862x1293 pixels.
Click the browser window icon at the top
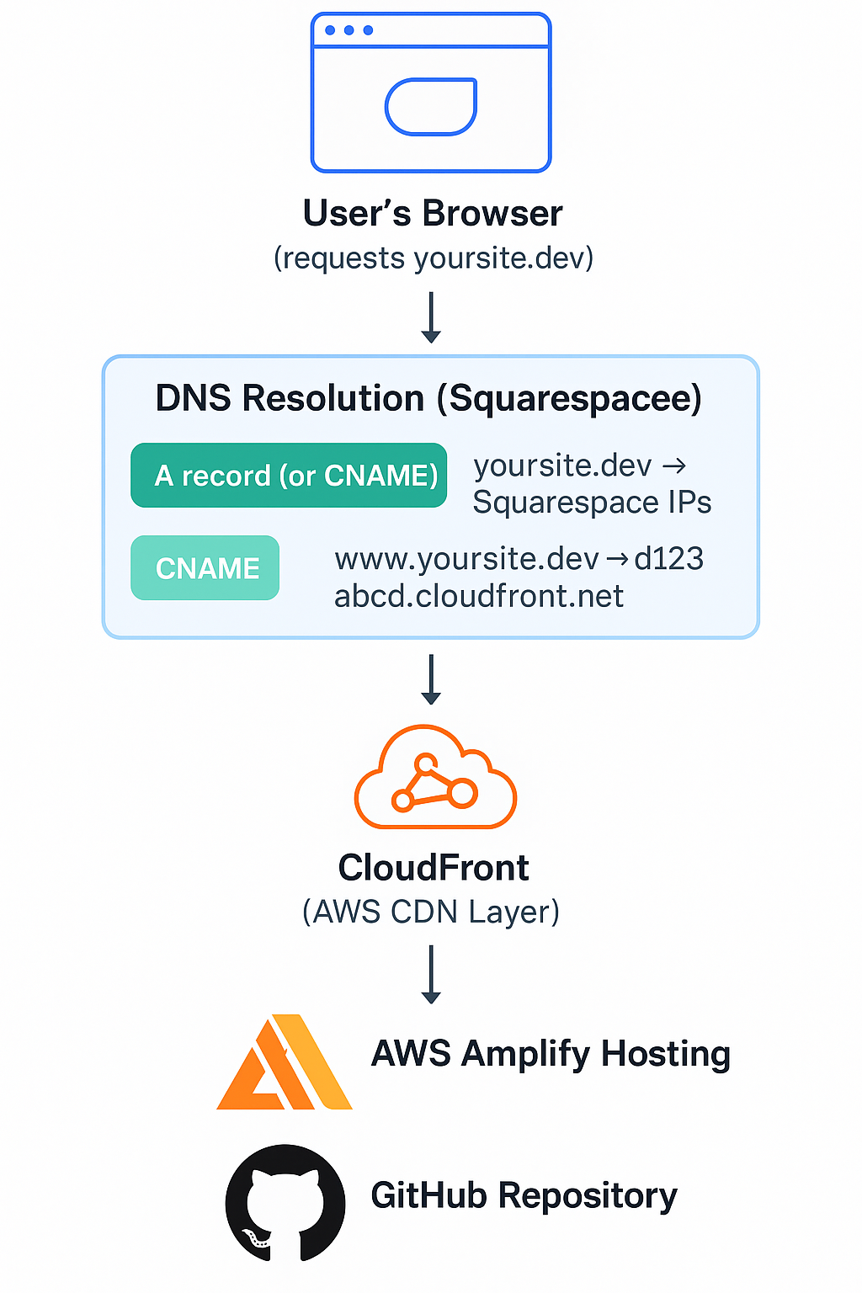click(431, 93)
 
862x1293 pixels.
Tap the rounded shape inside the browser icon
click(431, 107)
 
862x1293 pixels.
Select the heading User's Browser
click(433, 214)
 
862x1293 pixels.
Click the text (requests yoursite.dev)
click(434, 258)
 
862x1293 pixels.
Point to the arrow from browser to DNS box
click(431, 317)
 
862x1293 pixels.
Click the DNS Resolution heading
click(428, 398)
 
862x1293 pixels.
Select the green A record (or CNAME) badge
click(289, 476)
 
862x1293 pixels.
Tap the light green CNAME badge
click(205, 568)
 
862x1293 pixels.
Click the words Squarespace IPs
click(592, 503)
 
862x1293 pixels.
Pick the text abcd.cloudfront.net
click(479, 596)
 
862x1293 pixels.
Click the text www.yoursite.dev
click(466, 559)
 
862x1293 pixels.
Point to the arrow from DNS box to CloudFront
click(431, 679)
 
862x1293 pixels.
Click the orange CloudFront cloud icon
click(435, 778)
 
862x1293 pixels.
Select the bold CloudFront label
click(433, 868)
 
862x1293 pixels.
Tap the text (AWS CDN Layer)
click(431, 912)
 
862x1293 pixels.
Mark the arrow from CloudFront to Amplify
click(431, 974)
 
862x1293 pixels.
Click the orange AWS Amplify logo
click(284, 1062)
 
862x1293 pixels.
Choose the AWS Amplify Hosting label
click(551, 1054)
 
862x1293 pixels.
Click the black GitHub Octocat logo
click(285, 1203)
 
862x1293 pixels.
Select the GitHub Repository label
click(524, 1195)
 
